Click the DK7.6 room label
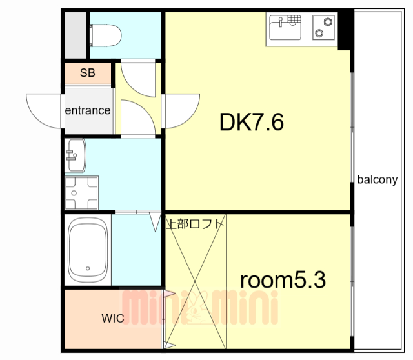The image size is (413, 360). pyautogui.click(x=252, y=122)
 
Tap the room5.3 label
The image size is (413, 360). pyautogui.click(x=283, y=280)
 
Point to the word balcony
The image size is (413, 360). pyautogui.click(x=377, y=180)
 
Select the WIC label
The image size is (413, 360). pyautogui.click(x=113, y=319)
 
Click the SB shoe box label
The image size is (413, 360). pyautogui.click(x=88, y=73)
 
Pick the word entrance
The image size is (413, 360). pyautogui.click(x=88, y=110)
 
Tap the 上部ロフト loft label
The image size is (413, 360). pyautogui.click(x=195, y=224)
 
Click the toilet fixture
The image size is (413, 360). pyautogui.click(x=105, y=35)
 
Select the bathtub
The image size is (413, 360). pyautogui.click(x=88, y=250)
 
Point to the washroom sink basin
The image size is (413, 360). pyautogui.click(x=76, y=155)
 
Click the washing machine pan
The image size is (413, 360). pyautogui.click(x=82, y=193)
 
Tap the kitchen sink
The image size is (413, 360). pyautogui.click(x=285, y=28)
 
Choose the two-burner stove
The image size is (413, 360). pyautogui.click(x=323, y=27)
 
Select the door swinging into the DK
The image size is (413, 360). pyautogui.click(x=181, y=111)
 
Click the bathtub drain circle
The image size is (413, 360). pyautogui.click(x=88, y=268)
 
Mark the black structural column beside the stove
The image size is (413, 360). pyautogui.click(x=346, y=30)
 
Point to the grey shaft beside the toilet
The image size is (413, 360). pyautogui.click(x=75, y=35)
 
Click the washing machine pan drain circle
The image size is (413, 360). pyautogui.click(x=74, y=193)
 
